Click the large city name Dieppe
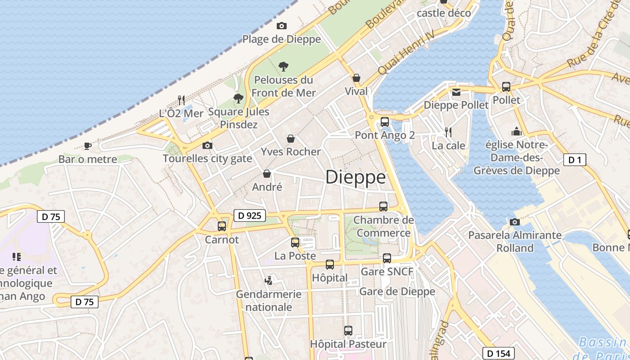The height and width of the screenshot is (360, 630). pyautogui.click(x=355, y=177)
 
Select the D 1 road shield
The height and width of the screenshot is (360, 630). pyautogui.click(x=575, y=159)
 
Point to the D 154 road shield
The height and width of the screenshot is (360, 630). pyautogui.click(x=499, y=353)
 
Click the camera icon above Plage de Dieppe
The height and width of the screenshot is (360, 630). pyautogui.click(x=282, y=26)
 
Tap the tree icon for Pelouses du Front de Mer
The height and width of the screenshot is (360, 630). pyautogui.click(x=283, y=67)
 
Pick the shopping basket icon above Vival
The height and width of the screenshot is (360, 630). pyautogui.click(x=356, y=78)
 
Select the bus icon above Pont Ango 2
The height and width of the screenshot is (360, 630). pyautogui.click(x=384, y=121)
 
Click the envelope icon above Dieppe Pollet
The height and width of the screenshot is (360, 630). pyautogui.click(x=456, y=92)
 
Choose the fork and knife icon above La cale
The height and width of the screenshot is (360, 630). pyautogui.click(x=448, y=132)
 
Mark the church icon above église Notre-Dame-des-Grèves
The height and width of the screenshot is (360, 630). pyautogui.click(x=516, y=131)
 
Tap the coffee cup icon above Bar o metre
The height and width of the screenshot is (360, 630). pyautogui.click(x=88, y=146)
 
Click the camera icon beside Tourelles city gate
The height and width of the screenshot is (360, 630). pyautogui.click(x=207, y=145)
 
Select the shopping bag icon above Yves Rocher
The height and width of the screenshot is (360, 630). pyautogui.click(x=291, y=139)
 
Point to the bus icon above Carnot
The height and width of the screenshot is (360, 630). pyautogui.click(x=222, y=226)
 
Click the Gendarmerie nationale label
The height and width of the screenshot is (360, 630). pyautogui.click(x=269, y=301)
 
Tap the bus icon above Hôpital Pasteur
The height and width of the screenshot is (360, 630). pyautogui.click(x=348, y=331)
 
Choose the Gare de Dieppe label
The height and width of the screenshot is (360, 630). pyautogui.click(x=397, y=291)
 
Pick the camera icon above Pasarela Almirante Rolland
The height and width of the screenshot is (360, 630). pyautogui.click(x=514, y=222)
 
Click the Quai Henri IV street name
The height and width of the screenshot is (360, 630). pyautogui.click(x=406, y=53)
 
